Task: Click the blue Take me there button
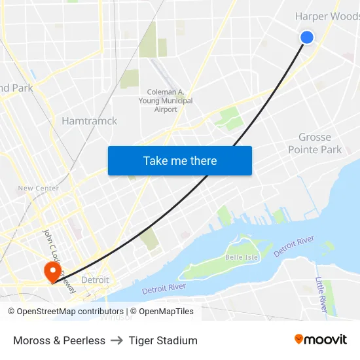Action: tap(180, 160)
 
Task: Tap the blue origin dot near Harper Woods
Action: tap(306, 37)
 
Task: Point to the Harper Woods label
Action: tap(327, 16)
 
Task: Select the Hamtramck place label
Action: tap(89, 121)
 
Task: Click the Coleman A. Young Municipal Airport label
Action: tap(166, 101)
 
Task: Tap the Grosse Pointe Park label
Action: tap(315, 143)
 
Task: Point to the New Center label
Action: tap(38, 188)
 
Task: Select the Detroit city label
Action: tap(96, 280)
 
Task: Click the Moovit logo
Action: tap(321, 340)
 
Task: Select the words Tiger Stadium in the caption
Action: tap(163, 340)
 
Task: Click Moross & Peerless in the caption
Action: tap(59, 340)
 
